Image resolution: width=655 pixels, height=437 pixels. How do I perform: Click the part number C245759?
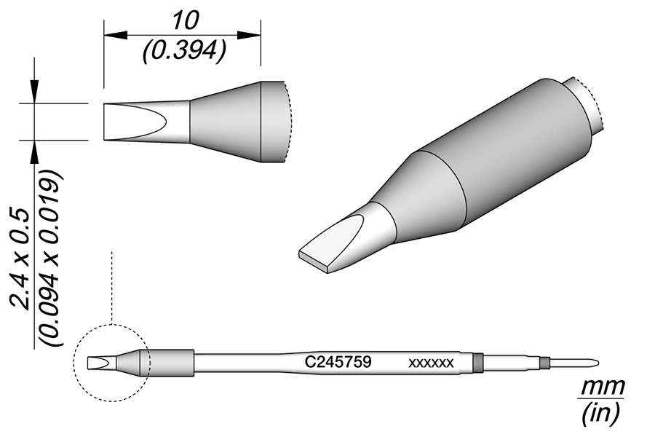(338, 362)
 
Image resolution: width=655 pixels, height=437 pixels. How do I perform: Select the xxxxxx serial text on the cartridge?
(431, 363)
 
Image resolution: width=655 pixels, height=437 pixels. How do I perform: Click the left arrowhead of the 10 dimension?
(115, 36)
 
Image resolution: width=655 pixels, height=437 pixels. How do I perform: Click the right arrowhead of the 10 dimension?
(250, 36)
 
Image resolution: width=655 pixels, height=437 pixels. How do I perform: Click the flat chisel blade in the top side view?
(135, 122)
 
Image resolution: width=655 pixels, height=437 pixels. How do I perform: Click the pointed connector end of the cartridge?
(574, 362)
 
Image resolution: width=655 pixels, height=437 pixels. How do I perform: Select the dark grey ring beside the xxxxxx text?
(477, 362)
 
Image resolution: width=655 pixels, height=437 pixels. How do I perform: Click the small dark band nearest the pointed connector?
(544, 362)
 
